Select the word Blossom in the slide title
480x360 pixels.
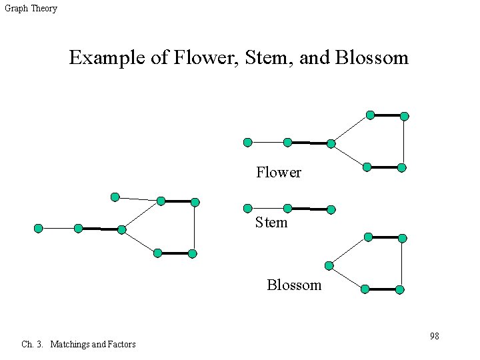[x=371, y=58]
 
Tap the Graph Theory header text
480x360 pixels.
[x=31, y=9]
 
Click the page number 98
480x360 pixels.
[x=434, y=336]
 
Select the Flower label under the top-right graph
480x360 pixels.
[x=279, y=173]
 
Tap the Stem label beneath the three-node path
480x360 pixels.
[x=271, y=223]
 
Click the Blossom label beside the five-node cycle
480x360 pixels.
[x=294, y=285]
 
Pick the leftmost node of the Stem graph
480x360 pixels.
[x=247, y=208]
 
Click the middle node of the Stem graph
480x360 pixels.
[x=288, y=208]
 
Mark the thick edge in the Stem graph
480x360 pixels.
[x=309, y=209]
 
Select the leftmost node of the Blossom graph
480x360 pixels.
[x=328, y=265]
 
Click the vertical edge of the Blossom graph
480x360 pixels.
[x=402, y=264]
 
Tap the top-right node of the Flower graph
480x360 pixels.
[x=404, y=116]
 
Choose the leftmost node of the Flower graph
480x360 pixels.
[x=247, y=142]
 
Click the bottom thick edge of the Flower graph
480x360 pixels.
[x=384, y=167]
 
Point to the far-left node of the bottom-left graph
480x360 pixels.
[x=38, y=228]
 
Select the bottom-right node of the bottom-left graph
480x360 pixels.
[x=192, y=253]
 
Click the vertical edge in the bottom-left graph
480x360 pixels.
[x=194, y=227]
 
